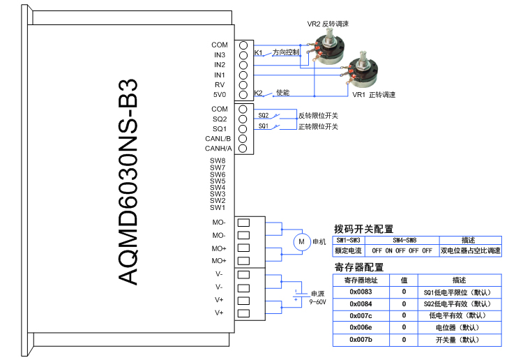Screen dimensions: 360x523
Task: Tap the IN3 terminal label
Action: [x=220, y=54]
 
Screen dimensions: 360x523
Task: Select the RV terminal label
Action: [x=220, y=84]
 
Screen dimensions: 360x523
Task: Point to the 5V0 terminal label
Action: [x=220, y=94]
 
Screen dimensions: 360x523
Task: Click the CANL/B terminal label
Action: [x=218, y=139]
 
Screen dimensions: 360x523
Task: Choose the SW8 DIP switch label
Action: [x=218, y=161]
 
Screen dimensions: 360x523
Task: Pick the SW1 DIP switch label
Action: [x=218, y=207]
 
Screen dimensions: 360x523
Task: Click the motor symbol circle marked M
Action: [x=302, y=241]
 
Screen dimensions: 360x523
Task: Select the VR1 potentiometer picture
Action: [x=364, y=70]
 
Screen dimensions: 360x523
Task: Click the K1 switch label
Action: [x=258, y=53]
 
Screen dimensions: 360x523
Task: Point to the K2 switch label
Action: [x=258, y=93]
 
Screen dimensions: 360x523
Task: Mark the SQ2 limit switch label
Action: [x=264, y=116]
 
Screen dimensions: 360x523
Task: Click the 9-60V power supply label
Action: [x=318, y=302]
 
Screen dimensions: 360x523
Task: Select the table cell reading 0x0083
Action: [x=361, y=293]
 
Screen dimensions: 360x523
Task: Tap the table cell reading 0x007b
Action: [x=361, y=340]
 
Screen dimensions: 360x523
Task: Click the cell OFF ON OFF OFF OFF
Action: [x=402, y=250]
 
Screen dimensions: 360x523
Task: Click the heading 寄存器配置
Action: [x=359, y=267]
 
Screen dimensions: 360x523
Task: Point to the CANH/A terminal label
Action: [x=218, y=149]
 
